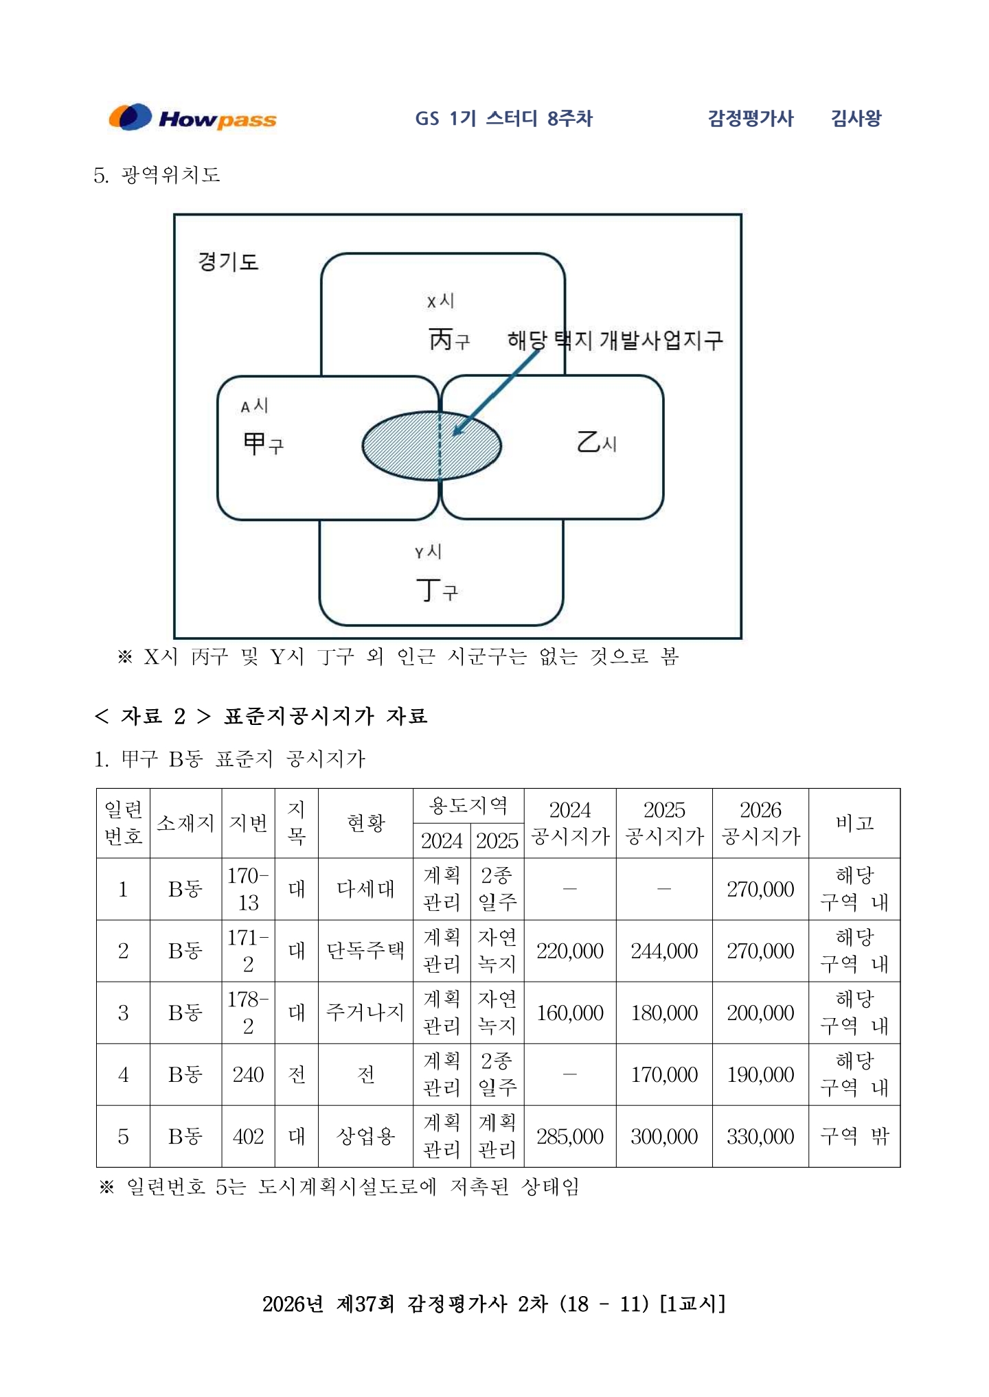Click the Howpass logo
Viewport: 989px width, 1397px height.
click(193, 118)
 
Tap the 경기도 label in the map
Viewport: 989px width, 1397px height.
click(228, 262)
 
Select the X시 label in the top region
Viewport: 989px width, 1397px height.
click(440, 301)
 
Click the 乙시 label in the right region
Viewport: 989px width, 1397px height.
click(596, 442)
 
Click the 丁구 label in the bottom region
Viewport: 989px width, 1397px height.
click(437, 590)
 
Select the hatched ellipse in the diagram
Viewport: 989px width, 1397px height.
click(431, 446)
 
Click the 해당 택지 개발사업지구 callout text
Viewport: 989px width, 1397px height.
click(615, 340)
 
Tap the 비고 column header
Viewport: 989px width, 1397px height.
click(854, 823)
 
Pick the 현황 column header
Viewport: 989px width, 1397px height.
click(365, 823)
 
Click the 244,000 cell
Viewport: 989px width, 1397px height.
click(663, 951)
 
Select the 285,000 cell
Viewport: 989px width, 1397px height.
click(569, 1136)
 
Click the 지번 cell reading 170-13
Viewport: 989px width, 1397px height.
click(248, 889)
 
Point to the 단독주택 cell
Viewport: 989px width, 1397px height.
click(365, 951)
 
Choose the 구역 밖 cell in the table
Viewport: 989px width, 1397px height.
click(854, 1136)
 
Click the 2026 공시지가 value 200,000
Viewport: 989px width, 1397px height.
click(760, 1013)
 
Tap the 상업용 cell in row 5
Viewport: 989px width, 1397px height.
click(365, 1136)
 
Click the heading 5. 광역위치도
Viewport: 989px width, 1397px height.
click(157, 175)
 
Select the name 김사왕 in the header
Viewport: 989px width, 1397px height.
click(856, 118)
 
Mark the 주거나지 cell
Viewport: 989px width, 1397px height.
click(365, 1013)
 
